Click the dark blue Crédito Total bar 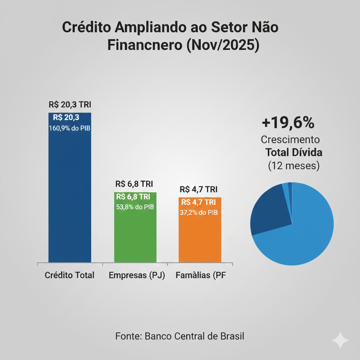pyautogui.click(x=70, y=197)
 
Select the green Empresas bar pyautogui.click(x=135, y=236)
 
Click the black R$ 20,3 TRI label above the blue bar pyautogui.click(x=70, y=105)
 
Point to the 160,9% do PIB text pyautogui.click(x=70, y=128)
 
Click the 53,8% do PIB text pyautogui.click(x=135, y=207)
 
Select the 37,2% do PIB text pyautogui.click(x=199, y=212)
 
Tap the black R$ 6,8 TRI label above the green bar pyautogui.click(x=134, y=184)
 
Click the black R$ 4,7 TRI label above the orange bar pyautogui.click(x=199, y=189)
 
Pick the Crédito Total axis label pyautogui.click(x=70, y=275)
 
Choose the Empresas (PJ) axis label pyautogui.click(x=137, y=275)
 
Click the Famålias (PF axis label pyautogui.click(x=201, y=275)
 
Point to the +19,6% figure pyautogui.click(x=288, y=123)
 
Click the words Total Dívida pyautogui.click(x=294, y=153)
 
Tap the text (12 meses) pyautogui.click(x=294, y=166)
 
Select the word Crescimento pyautogui.click(x=290, y=140)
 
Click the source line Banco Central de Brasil pyautogui.click(x=180, y=336)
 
